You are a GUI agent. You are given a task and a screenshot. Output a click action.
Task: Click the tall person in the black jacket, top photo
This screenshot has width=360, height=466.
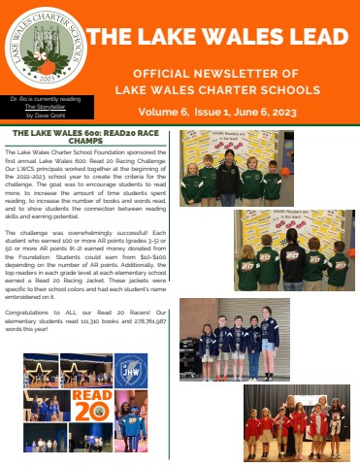[230, 175]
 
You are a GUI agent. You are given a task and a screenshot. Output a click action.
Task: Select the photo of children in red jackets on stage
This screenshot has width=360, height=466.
[295, 421]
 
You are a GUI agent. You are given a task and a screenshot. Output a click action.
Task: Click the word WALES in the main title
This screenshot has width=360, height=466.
[239, 37]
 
